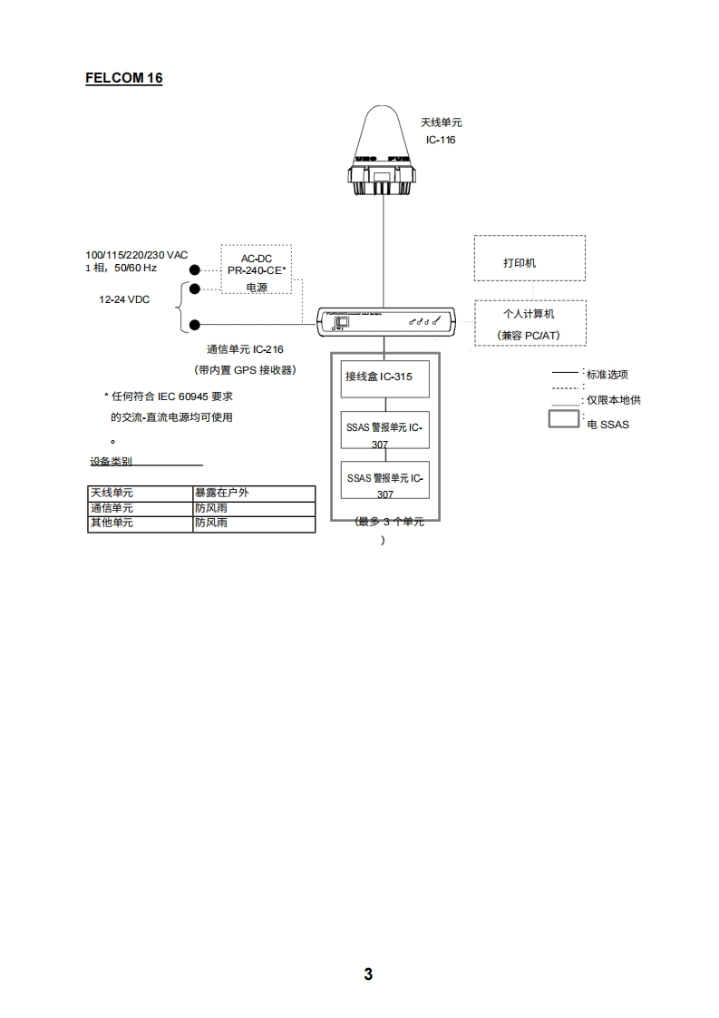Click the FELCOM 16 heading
click(x=123, y=78)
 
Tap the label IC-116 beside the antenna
click(x=441, y=140)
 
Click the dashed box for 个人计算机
click(x=530, y=323)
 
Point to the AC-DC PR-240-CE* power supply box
click(x=257, y=269)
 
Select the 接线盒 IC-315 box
click(x=384, y=377)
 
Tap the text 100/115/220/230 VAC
click(x=136, y=255)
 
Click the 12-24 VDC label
click(x=124, y=299)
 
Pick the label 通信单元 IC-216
click(x=245, y=348)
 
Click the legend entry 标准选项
click(x=607, y=374)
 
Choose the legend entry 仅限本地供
click(x=614, y=400)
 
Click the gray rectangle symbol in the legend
click(x=565, y=420)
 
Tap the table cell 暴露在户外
click(x=222, y=493)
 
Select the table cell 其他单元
click(x=112, y=524)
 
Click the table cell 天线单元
click(x=112, y=493)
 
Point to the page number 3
click(x=368, y=974)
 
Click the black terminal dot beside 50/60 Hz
click(x=195, y=269)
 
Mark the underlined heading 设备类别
click(x=111, y=461)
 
